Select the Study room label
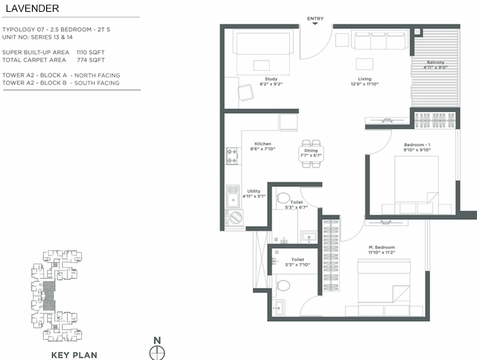[271, 79]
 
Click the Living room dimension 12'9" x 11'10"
[364, 85]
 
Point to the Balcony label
[436, 62]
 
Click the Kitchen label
[262, 143]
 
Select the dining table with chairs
[312, 153]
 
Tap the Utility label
[253, 191]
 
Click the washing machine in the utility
[236, 217]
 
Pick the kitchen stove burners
[232, 155]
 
